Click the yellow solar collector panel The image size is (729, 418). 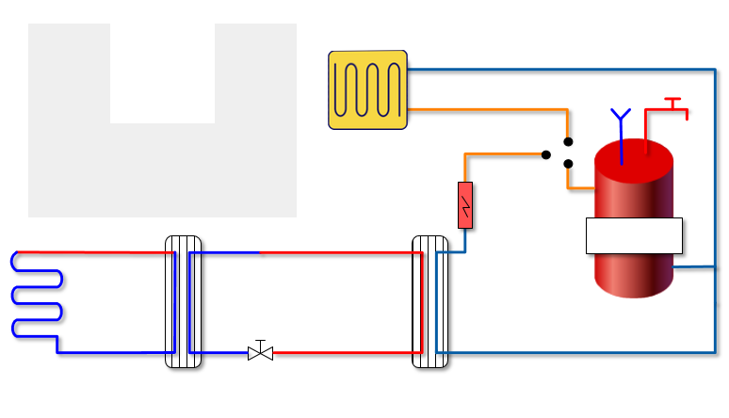(367, 89)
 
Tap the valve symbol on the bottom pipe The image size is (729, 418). (260, 353)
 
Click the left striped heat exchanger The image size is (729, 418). (183, 301)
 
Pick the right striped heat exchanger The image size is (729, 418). (430, 301)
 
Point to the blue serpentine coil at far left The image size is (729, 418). (36, 294)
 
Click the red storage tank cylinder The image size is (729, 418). (634, 273)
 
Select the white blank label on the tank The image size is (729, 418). (634, 235)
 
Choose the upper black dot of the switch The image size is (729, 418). (568, 142)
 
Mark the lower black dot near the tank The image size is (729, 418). (568, 164)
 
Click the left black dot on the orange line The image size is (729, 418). (546, 154)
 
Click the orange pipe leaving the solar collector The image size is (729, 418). (490, 110)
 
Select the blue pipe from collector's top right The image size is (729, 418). (565, 69)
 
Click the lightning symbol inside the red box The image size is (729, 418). (465, 205)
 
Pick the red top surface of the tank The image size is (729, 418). (634, 155)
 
